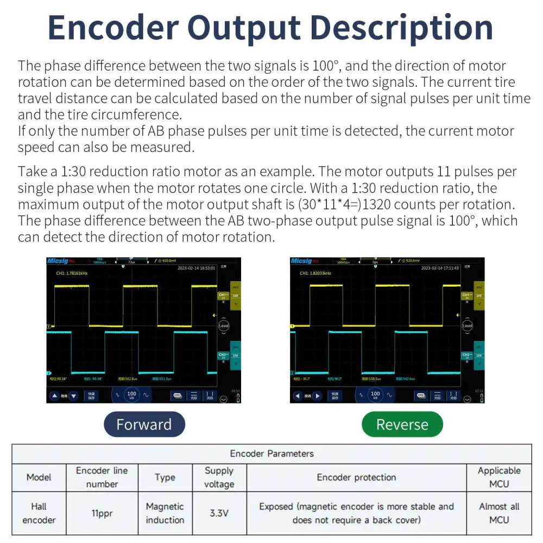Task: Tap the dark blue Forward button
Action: pos(144,424)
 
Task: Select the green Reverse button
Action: pos(402,424)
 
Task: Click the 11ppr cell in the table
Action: pos(102,513)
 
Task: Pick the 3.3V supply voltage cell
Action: pos(219,513)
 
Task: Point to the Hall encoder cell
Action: pos(39,513)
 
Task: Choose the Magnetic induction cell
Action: pos(165,513)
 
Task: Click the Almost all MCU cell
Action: pos(499,513)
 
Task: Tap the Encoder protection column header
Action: pos(356,477)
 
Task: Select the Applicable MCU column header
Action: pos(499,477)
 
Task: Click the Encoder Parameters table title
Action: pos(271,453)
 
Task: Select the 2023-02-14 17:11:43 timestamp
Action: pos(440,268)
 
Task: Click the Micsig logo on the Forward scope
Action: pos(58,261)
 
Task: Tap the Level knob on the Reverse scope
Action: pos(467,326)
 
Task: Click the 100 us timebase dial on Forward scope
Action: pos(131,395)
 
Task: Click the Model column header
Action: pos(39,477)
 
